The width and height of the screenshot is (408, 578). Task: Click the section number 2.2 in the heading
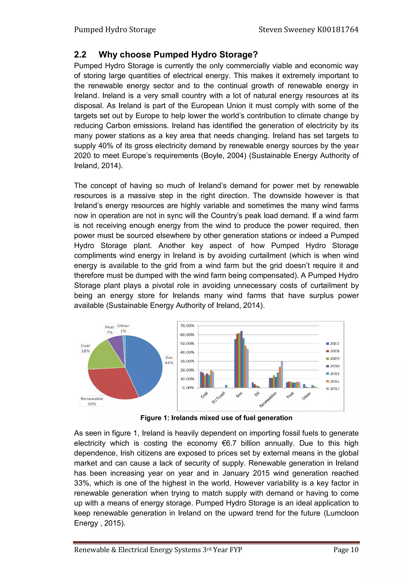(x=80, y=55)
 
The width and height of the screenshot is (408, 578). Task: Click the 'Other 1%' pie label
(x=123, y=328)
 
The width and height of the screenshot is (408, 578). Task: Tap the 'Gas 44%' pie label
(x=169, y=360)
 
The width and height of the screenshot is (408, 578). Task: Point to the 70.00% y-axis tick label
(x=187, y=326)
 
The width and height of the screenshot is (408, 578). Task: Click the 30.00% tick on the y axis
(x=187, y=361)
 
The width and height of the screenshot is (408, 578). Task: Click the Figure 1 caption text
(x=216, y=418)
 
